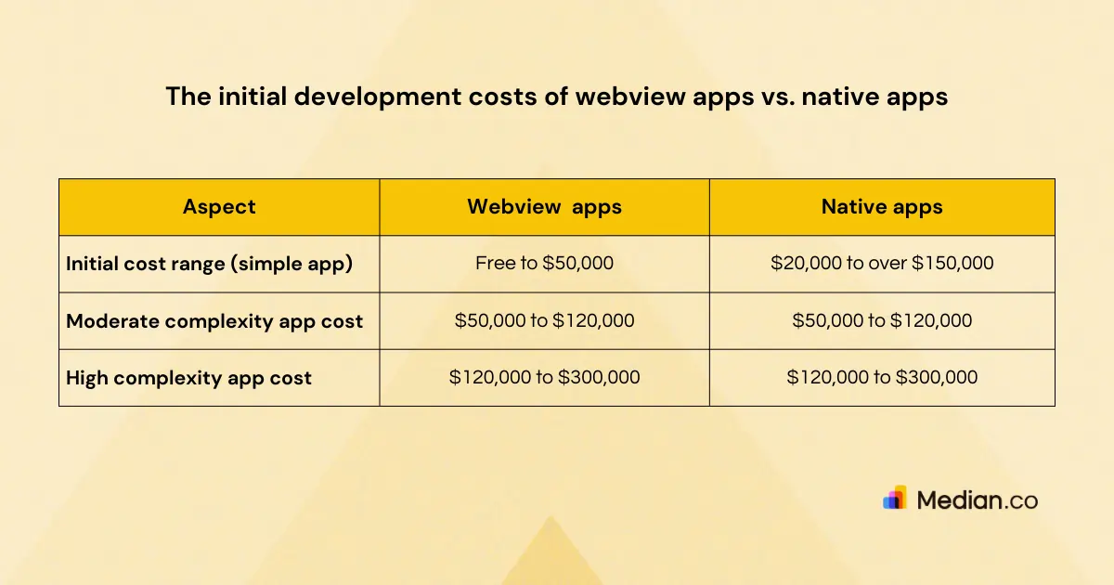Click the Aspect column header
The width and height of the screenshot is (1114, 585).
point(219,207)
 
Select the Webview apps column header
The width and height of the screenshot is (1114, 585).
point(544,207)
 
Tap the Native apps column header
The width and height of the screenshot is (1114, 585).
point(882,207)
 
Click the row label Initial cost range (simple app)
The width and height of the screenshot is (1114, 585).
point(210,264)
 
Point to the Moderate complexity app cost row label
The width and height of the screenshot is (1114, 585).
point(214,321)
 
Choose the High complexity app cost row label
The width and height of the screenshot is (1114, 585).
point(188,378)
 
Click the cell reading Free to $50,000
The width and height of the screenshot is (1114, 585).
point(544,264)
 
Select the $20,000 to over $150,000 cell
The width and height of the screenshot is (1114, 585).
point(882,264)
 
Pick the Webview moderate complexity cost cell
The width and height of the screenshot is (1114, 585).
point(544,321)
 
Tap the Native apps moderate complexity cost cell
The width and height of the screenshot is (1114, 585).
point(882,321)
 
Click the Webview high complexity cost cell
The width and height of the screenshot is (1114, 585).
point(544,378)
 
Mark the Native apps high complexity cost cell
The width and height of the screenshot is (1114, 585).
point(882,378)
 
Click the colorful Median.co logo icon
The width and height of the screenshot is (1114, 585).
point(895,499)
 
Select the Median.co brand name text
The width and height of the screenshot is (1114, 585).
point(977,500)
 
